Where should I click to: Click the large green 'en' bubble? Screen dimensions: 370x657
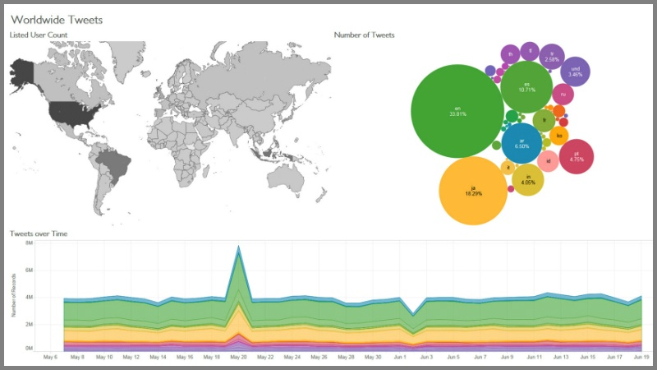click(457, 110)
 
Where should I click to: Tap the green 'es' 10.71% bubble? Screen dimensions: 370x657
click(526, 86)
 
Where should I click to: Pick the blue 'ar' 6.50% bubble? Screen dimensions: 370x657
click(521, 142)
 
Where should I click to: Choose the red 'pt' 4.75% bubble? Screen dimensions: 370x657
click(577, 156)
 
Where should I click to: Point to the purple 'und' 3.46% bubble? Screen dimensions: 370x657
click(575, 71)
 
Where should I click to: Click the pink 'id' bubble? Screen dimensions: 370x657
click(549, 160)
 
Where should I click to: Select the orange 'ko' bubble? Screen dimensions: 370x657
click(559, 135)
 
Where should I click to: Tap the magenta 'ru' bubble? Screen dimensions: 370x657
click(563, 95)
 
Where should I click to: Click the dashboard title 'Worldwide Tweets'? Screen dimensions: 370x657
click(57, 18)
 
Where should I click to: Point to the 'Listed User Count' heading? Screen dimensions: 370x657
click(38, 35)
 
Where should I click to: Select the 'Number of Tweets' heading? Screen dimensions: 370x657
click(365, 35)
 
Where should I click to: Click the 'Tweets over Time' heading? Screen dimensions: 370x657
click(39, 234)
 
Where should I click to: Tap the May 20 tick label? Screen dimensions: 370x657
click(239, 358)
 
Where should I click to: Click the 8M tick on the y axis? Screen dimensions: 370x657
click(29, 243)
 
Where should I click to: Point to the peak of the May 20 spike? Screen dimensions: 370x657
click(239, 246)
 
